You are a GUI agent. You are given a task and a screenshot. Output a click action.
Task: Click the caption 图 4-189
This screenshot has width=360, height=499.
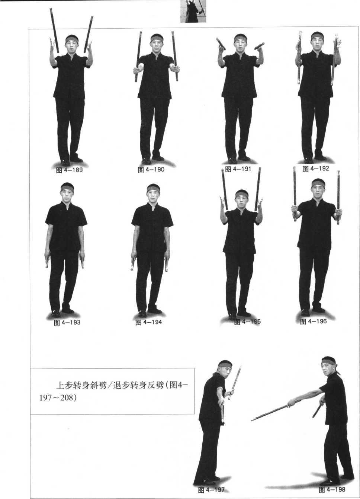[69, 170]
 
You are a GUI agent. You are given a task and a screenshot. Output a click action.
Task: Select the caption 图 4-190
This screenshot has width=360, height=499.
[151, 170]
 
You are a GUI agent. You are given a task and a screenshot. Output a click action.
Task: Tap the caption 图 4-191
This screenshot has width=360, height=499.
[238, 169]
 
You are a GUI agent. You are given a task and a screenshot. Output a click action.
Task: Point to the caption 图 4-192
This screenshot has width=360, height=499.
[315, 169]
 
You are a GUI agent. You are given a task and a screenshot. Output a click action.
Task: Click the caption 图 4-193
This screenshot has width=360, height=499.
[67, 323]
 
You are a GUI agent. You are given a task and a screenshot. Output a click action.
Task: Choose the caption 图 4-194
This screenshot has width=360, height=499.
[148, 322]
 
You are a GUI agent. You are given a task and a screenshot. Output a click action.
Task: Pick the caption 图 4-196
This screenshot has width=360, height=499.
[313, 322]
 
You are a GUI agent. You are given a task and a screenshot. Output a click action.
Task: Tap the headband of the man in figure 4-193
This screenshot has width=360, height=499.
[67, 188]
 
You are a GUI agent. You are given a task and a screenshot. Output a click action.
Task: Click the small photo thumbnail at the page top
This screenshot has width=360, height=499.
[193, 11]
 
